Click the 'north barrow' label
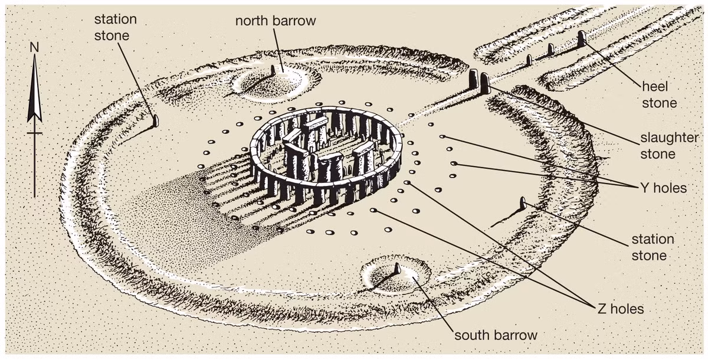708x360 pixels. [276, 21]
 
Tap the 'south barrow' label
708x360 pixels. [496, 335]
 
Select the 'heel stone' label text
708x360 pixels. [660, 94]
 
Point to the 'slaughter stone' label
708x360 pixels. [669, 146]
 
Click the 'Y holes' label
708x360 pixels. [664, 188]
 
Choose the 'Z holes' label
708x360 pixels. [621, 309]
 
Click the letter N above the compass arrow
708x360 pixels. [34, 47]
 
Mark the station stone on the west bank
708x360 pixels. [155, 120]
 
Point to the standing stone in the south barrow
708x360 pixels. [398, 269]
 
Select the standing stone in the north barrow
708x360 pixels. [273, 70]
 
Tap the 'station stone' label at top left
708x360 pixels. [116, 28]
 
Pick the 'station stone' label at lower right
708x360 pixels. [653, 247]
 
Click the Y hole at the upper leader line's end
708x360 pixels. [442, 136]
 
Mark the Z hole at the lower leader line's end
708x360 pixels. [373, 210]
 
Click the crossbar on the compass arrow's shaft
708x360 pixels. [34, 133]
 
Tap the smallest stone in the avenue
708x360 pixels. [529, 60]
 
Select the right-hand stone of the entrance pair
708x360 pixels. [484, 83]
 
